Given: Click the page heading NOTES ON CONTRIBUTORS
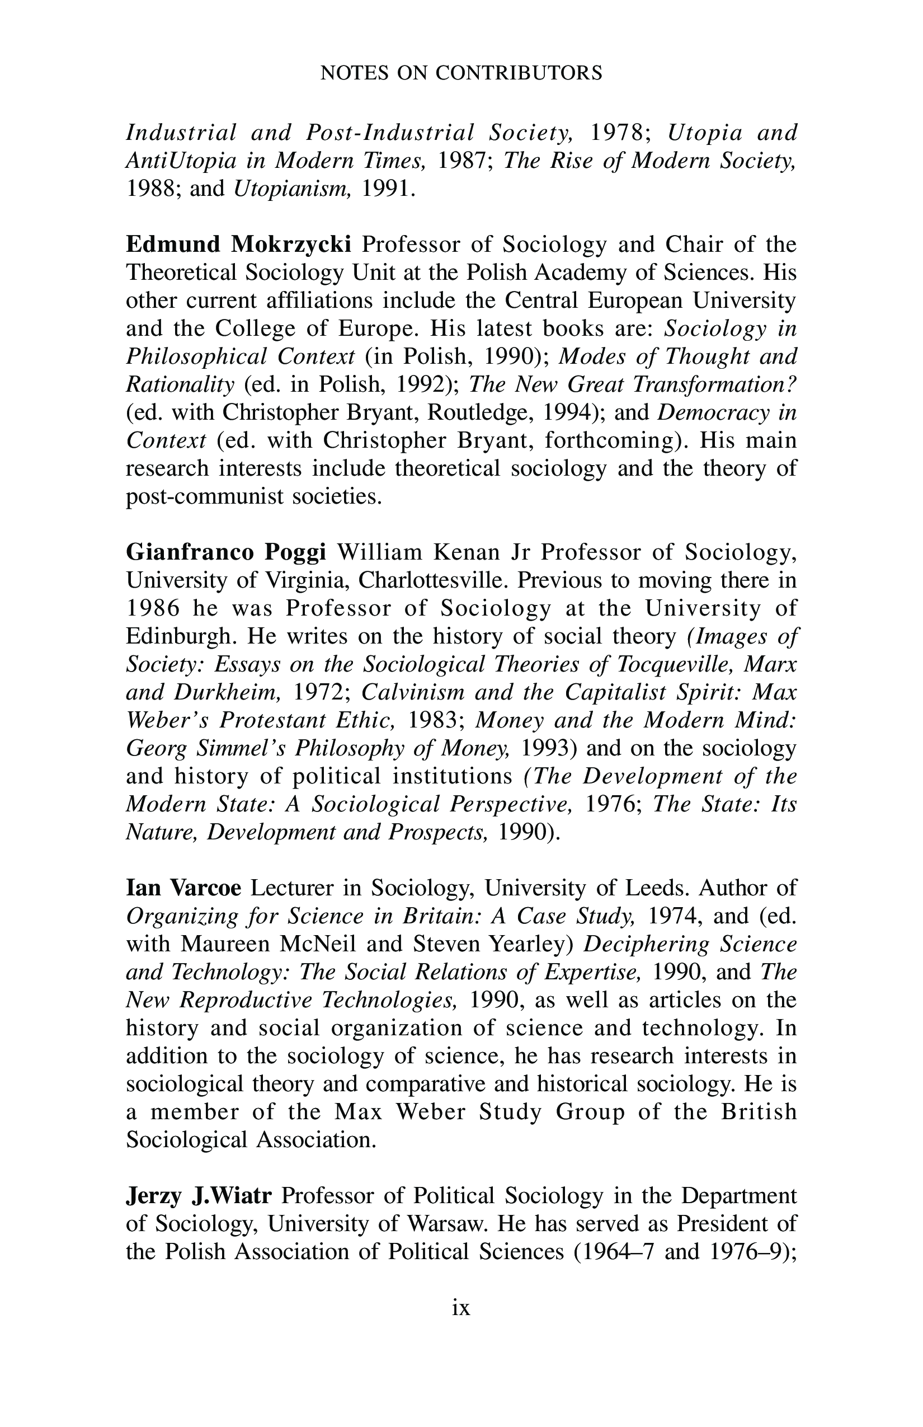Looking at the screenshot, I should (461, 73).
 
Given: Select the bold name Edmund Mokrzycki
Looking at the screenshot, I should (238, 245).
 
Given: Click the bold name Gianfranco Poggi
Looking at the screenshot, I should (227, 552).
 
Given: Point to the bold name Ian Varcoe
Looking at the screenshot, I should (183, 888).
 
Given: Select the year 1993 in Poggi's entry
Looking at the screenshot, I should (544, 748).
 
